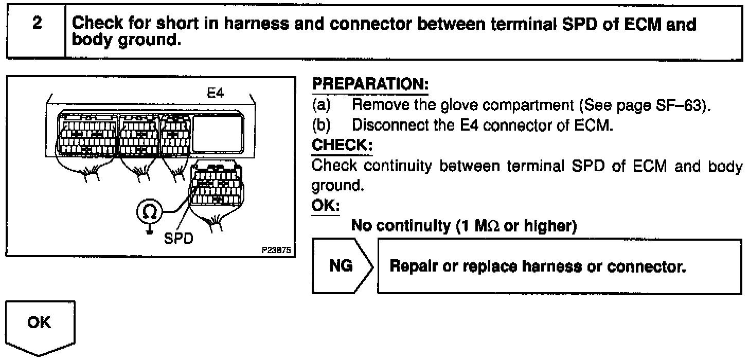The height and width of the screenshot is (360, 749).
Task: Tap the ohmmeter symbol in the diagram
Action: pyautogui.click(x=149, y=210)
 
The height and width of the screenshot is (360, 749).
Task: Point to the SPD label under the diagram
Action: pyautogui.click(x=178, y=240)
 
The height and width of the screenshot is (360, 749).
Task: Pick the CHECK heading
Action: pyautogui.click(x=342, y=146)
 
